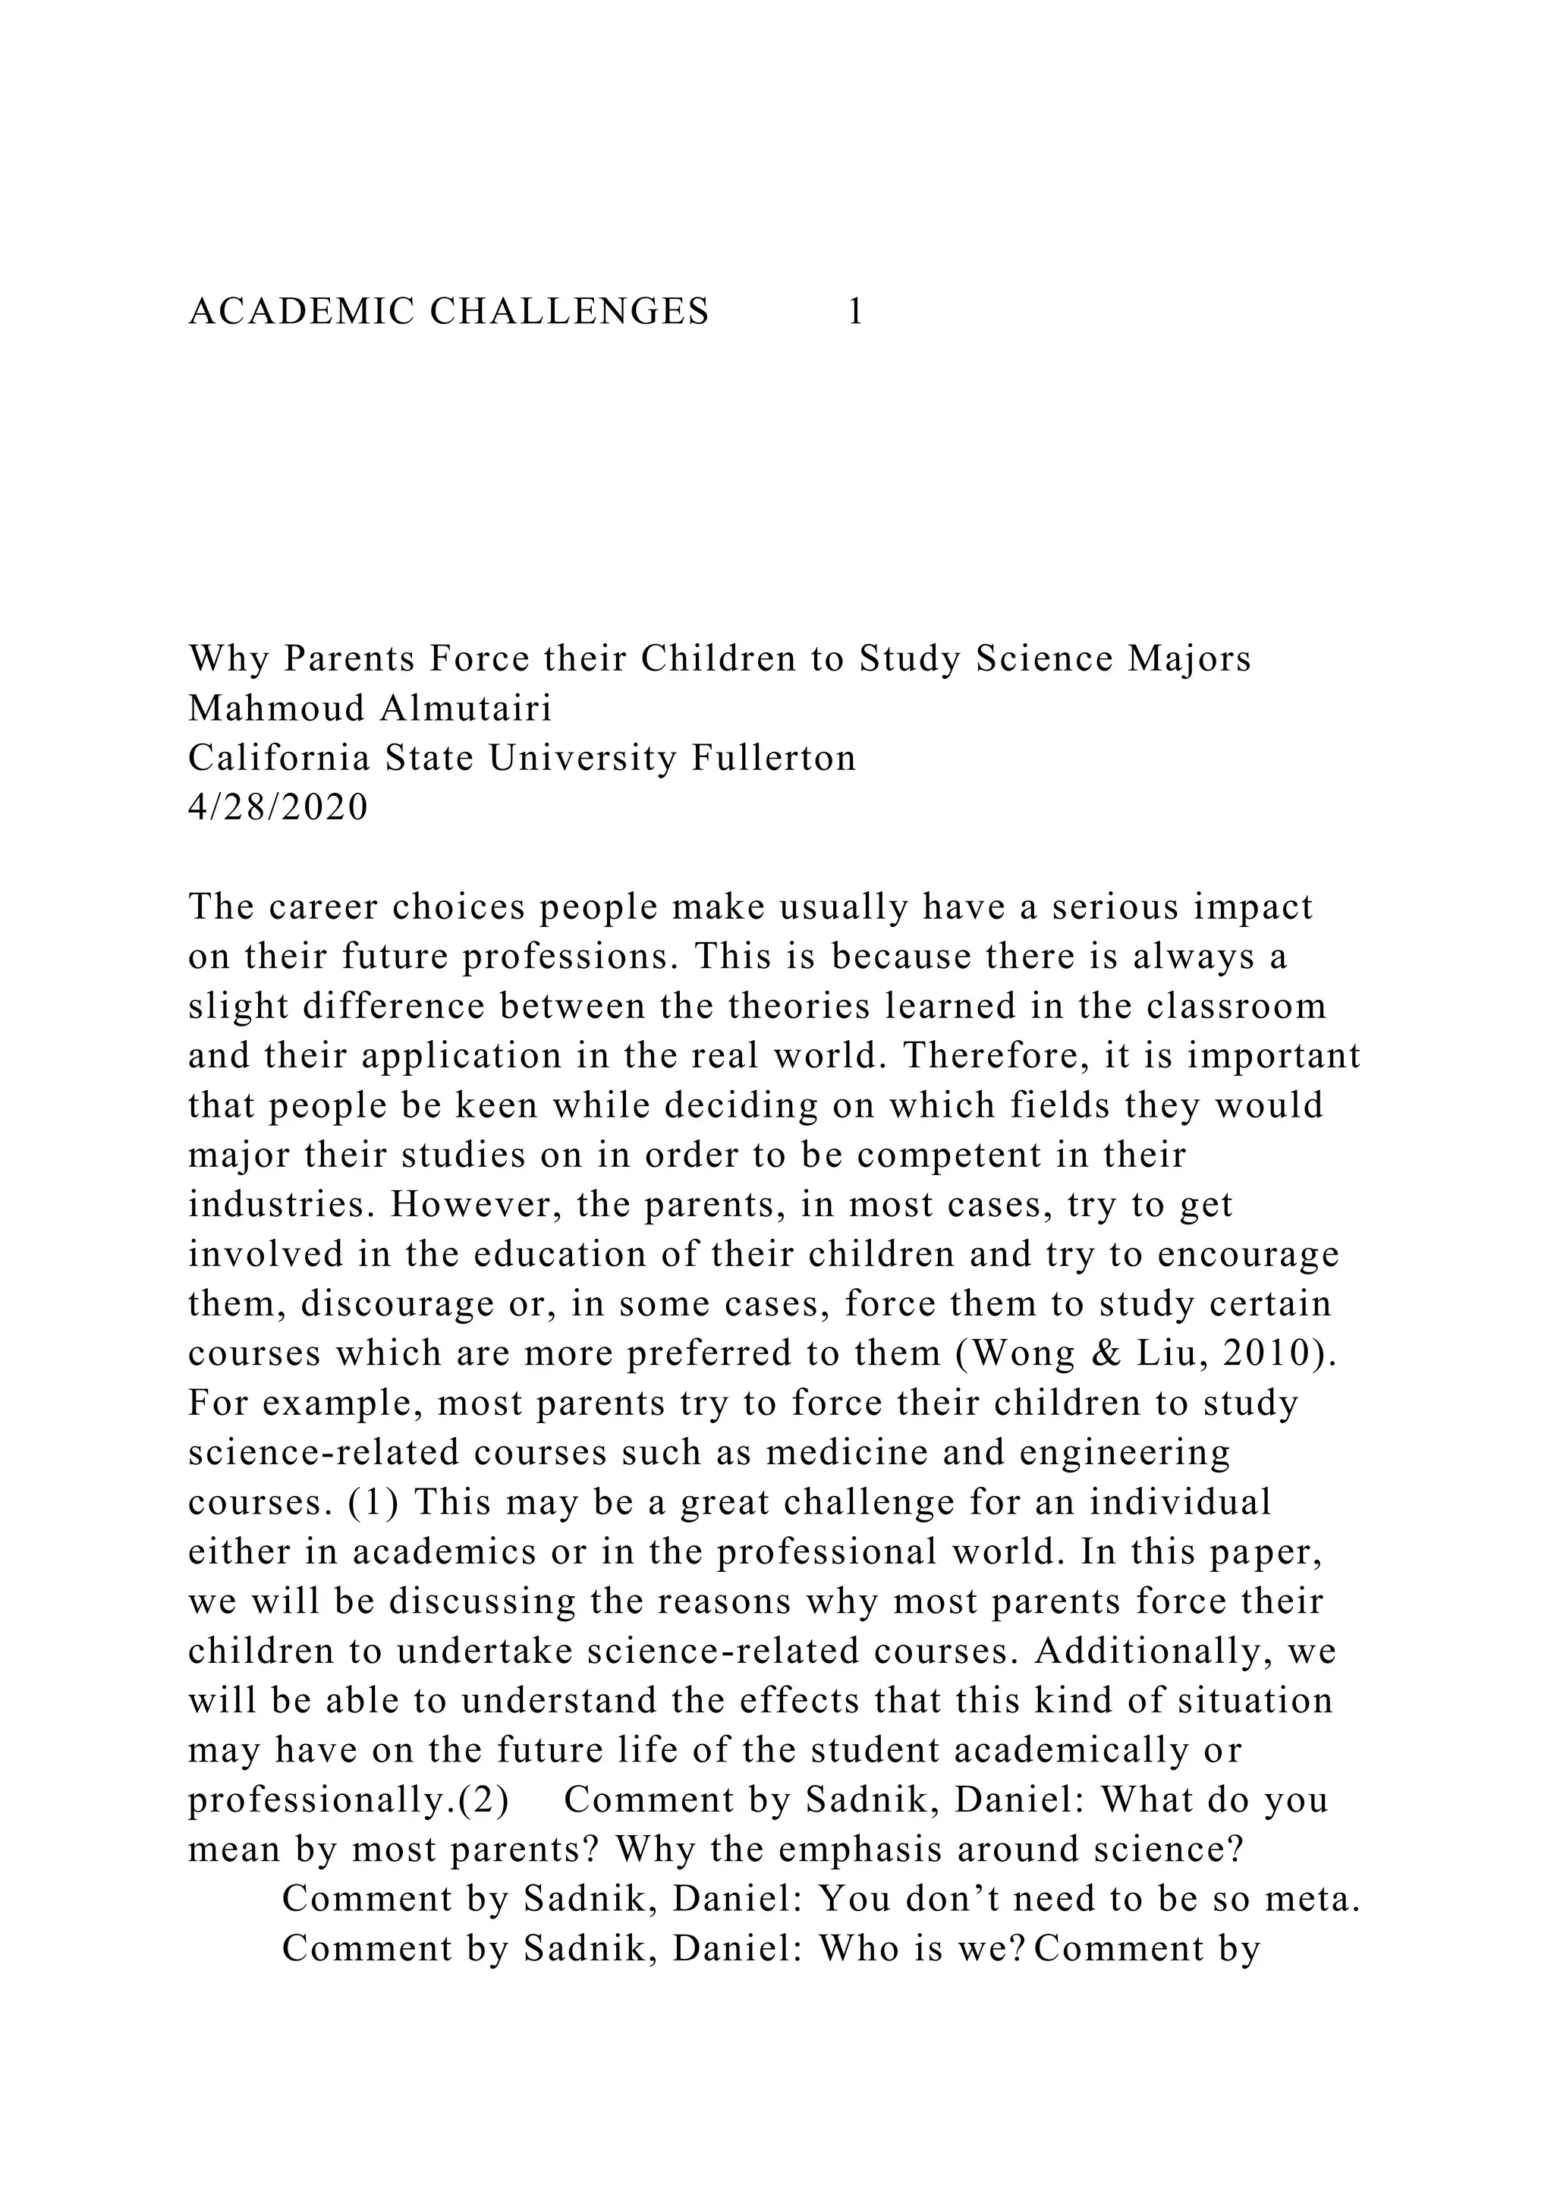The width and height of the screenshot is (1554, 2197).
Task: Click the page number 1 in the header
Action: click(855, 312)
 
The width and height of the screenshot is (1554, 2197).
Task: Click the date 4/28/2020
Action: click(278, 809)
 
